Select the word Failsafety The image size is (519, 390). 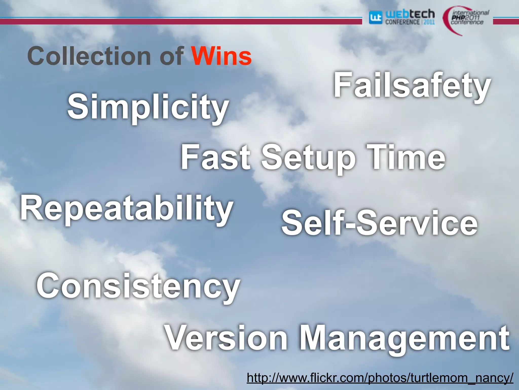click(412, 85)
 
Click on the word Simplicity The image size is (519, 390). click(148, 107)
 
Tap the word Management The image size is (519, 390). click(404, 339)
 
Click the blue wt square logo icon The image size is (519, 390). click(375, 18)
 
